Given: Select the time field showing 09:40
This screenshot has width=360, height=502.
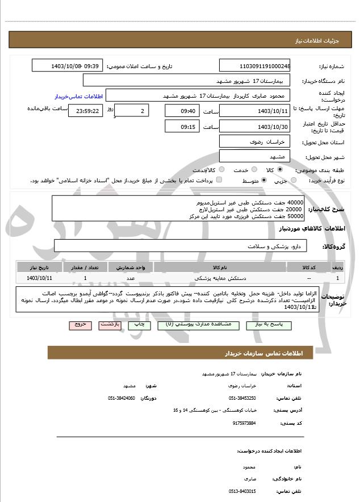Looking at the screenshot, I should point(182,111).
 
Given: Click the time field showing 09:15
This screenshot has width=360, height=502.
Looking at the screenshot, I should point(182,127).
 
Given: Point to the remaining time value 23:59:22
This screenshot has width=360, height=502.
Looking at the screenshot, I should point(85,111).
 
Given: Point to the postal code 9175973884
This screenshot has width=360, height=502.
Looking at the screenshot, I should point(244,423).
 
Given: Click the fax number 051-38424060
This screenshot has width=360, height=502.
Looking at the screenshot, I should point(122,398).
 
